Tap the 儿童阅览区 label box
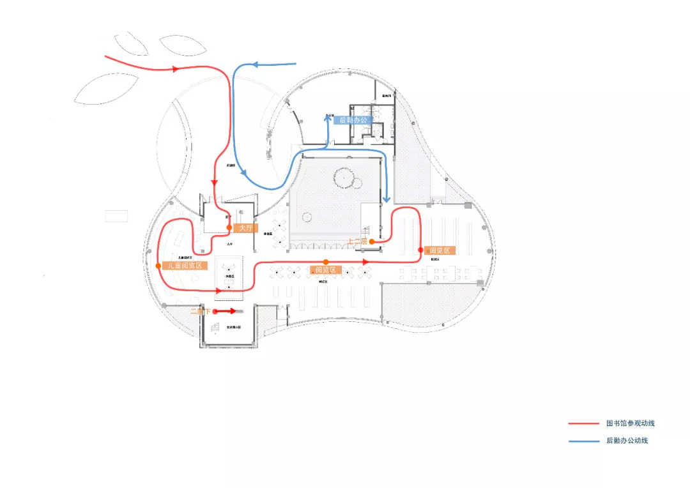pyautogui.click(x=185, y=265)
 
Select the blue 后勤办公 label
pyautogui.click(x=352, y=120)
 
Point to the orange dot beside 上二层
pyautogui.click(x=371, y=241)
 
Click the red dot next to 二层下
pyautogui.click(x=215, y=312)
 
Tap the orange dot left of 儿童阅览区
pyautogui.click(x=158, y=265)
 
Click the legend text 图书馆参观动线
pyautogui.click(x=630, y=423)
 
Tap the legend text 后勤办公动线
pyautogui.click(x=627, y=441)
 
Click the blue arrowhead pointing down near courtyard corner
pyautogui.click(x=386, y=201)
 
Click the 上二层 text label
pyautogui.click(x=357, y=241)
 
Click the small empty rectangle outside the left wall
pyautogui.click(x=116, y=216)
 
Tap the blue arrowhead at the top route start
pyautogui.click(x=254, y=65)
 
